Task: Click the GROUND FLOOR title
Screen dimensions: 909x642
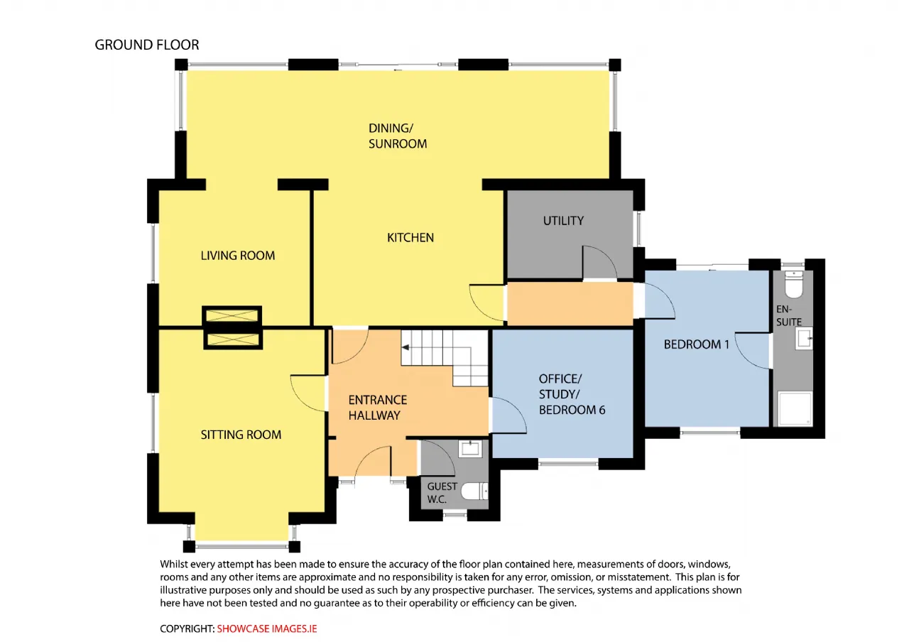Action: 147,45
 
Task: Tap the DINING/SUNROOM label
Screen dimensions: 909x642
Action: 397,136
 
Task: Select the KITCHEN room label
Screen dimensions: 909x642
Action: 410,237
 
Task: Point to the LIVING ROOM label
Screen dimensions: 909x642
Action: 238,255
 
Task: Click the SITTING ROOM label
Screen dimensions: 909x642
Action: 241,435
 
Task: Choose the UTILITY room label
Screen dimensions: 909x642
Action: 563,221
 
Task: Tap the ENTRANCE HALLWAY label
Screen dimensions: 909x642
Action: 377,408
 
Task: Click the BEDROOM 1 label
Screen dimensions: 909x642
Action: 697,344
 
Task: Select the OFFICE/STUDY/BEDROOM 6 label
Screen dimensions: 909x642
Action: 572,394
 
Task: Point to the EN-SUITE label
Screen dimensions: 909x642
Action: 789,316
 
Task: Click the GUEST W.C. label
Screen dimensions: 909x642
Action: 442,493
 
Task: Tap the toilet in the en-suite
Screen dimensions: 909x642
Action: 793,285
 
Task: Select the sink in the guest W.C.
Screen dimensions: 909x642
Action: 470,449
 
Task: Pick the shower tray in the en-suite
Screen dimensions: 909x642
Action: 795,408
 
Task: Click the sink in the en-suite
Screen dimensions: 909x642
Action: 803,339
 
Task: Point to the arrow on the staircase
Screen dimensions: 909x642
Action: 405,347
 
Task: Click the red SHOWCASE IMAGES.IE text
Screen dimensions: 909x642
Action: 266,629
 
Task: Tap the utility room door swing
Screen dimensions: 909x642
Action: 600,263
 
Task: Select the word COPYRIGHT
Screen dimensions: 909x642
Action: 186,629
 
